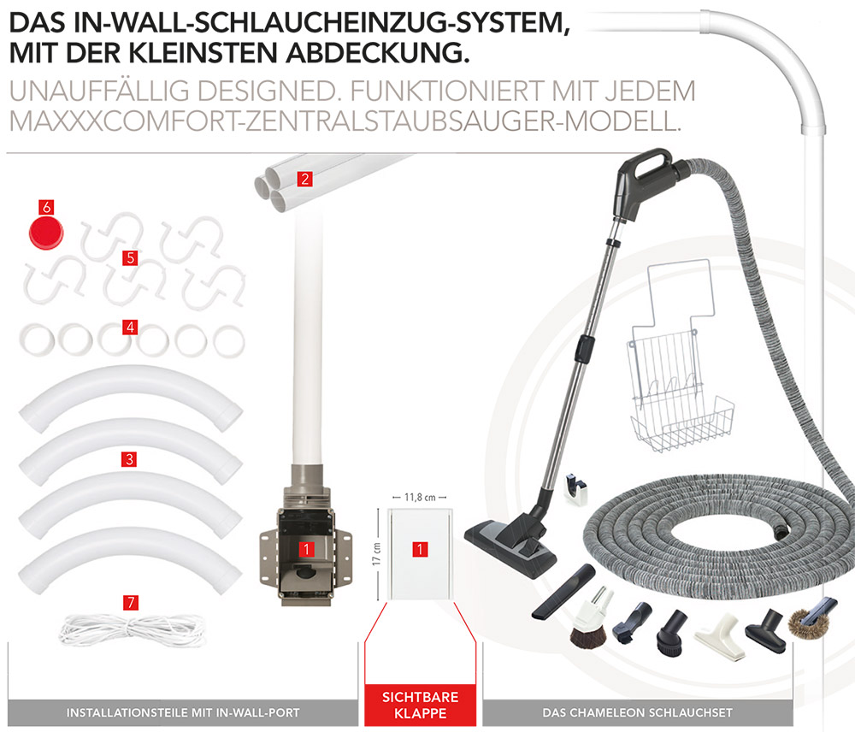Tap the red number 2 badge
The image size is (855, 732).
[303, 179]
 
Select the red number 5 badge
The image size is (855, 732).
[129, 257]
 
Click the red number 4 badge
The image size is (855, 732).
[129, 327]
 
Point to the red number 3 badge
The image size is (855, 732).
[129, 459]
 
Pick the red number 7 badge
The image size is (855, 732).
[130, 602]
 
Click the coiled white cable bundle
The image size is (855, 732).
[131, 629]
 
